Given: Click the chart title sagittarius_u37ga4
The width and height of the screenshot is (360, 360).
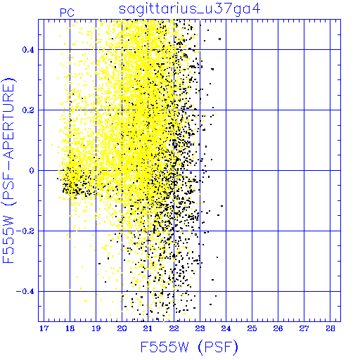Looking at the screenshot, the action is [189, 10].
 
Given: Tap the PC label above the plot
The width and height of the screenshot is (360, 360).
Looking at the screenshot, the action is [67, 13].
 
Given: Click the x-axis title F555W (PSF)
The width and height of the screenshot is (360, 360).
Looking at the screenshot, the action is [189, 347].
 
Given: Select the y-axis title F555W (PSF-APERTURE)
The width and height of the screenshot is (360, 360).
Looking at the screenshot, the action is [8, 171].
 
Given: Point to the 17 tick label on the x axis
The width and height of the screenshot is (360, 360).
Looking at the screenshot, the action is [44, 328].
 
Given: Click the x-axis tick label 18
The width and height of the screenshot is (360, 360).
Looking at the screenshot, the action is [70, 328].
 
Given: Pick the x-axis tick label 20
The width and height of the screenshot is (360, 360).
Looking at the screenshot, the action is [122, 328].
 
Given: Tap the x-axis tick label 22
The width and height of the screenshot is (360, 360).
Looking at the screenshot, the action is [174, 328].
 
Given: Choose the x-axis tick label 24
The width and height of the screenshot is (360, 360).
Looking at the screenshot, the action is [226, 328].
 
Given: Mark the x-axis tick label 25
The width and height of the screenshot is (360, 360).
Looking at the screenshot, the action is [252, 328].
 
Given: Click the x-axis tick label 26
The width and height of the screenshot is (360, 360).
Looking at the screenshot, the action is [278, 328].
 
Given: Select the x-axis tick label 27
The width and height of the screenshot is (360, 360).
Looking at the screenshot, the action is [304, 328].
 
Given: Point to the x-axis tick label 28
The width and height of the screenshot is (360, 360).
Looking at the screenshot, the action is [330, 328].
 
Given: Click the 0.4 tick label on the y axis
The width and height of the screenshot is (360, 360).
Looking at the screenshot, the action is [28, 50].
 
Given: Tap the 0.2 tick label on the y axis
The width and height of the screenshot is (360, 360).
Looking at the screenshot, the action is [28, 110].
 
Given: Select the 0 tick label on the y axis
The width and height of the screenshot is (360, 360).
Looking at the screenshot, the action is [32, 171].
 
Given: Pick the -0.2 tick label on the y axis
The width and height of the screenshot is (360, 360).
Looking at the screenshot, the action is [25, 231].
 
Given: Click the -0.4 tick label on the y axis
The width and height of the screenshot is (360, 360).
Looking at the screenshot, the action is [25, 292].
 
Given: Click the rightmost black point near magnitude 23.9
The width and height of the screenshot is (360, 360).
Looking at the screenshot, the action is [219, 39].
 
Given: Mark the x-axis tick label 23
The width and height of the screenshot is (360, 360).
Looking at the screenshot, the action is [200, 328].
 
